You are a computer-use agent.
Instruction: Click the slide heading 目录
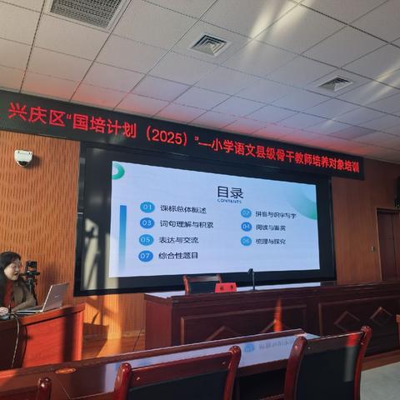pyautogui.click(x=230, y=192)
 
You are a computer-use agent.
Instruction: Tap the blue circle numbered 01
pyautogui.click(x=147, y=207)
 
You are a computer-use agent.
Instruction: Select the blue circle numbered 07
pyautogui.click(x=145, y=255)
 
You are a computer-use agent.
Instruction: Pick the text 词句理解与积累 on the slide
pyautogui.click(x=187, y=224)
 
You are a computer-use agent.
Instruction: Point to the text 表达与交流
pyautogui.click(x=180, y=240)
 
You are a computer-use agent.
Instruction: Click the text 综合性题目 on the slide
pyautogui.click(x=180, y=256)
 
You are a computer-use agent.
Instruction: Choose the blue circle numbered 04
pyautogui.click(x=247, y=226)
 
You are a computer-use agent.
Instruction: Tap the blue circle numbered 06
pyautogui.click(x=246, y=241)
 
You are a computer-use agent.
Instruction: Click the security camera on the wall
pyautogui.click(x=23, y=157)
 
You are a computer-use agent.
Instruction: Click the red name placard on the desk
pyautogui.click(x=225, y=287)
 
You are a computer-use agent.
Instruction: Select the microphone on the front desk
pyautogui.click(x=252, y=278)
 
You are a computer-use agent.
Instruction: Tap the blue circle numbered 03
pyautogui.click(x=147, y=223)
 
